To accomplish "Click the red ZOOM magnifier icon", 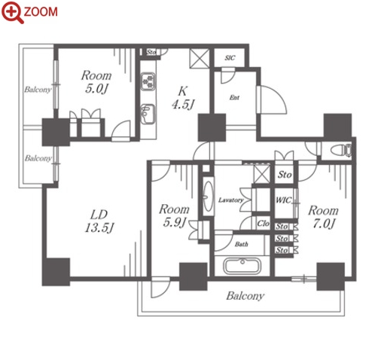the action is point(13,12).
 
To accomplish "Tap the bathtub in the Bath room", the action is point(242,266).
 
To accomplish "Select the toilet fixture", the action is point(341,151).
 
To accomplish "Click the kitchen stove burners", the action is point(148,81).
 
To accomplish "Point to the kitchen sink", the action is point(148,114).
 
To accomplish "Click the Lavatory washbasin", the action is point(209,196).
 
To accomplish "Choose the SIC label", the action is point(230,58).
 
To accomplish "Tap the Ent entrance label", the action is point(234,97).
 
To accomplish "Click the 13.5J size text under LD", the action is point(99,228).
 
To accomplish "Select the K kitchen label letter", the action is point(182,91).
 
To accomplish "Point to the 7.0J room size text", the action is point(324,224).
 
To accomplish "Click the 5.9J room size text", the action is point(175,222).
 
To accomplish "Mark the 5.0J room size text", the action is point(96,89).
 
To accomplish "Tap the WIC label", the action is point(283,200).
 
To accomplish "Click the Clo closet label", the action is point(263,223).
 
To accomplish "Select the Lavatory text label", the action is point(230,200).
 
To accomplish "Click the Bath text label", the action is point(242,244).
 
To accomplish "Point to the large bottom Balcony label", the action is point(245,296).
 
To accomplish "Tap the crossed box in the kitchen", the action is point(200,58).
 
